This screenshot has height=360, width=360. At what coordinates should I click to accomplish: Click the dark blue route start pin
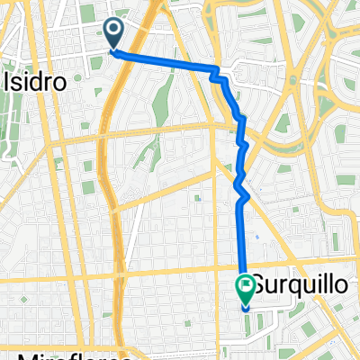pos(115,33)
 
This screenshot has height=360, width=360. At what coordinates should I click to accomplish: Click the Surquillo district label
pos(296,285)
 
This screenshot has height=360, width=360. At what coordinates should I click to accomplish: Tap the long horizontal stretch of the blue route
pos(166,61)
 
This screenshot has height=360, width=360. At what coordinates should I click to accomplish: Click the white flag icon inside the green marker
pos(245,286)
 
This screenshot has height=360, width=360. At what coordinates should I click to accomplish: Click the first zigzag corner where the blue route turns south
pos(218,71)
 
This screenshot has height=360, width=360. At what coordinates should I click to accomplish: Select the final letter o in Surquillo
pos(339,285)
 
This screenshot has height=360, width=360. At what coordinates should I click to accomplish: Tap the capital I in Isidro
pos(9,80)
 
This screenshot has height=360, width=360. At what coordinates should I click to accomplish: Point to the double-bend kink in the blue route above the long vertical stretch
pos(241,184)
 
